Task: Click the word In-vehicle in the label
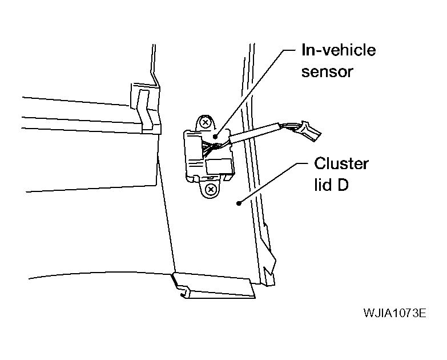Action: coord(339,50)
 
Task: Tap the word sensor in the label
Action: coord(327,71)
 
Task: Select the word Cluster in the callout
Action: coord(341,164)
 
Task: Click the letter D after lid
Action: coord(343,185)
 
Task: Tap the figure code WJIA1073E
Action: coord(395,313)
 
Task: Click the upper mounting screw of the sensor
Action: coord(205,123)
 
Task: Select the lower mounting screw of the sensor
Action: coord(211,189)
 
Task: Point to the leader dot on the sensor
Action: coord(215,137)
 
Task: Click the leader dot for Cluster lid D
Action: coord(239,203)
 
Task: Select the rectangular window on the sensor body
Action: coord(219,166)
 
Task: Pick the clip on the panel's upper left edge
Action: coord(146,109)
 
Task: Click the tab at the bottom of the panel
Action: coord(214,286)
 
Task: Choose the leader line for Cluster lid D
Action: coord(273,183)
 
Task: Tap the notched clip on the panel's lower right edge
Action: coord(268,254)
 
